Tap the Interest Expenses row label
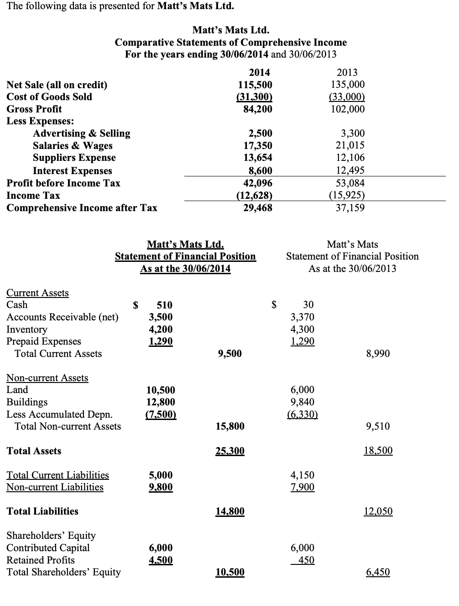pyautogui.click(x=72, y=170)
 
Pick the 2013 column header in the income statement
pyautogui.click(x=347, y=72)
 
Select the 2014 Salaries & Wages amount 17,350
pyautogui.click(x=255, y=145)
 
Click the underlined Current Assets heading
pyautogui.click(x=37, y=292)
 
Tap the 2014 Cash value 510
pyautogui.click(x=164, y=305)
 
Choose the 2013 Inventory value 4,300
pyautogui.click(x=303, y=329)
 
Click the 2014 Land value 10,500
pyautogui.click(x=160, y=390)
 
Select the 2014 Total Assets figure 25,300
pyautogui.click(x=229, y=451)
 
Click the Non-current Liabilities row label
pyautogui.click(x=55, y=487)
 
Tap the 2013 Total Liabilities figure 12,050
pyautogui.click(x=378, y=511)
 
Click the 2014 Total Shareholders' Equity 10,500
pyautogui.click(x=229, y=572)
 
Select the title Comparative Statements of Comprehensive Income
pyautogui.click(x=230, y=42)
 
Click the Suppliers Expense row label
pyautogui.click(x=74, y=158)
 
